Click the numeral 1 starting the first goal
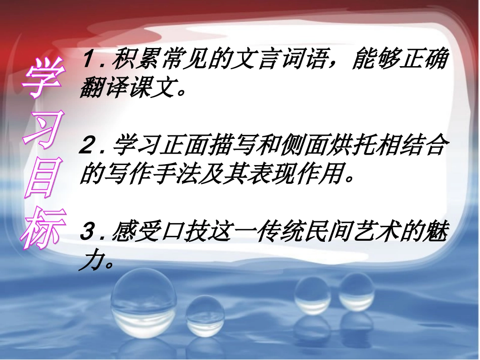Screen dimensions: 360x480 88,61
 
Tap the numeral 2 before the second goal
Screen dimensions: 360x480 89,147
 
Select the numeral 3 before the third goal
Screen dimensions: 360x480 89,233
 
